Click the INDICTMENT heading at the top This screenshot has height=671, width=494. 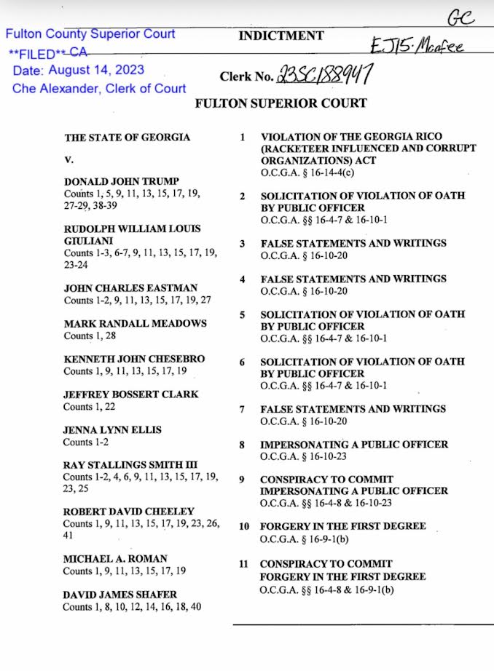[281, 36]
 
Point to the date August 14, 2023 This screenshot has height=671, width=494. [79, 71]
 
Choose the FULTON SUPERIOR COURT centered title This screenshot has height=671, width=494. [281, 103]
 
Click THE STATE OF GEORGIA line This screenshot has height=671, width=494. [128, 137]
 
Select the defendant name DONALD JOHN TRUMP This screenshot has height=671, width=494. [122, 180]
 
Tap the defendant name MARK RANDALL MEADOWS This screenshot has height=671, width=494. [135, 323]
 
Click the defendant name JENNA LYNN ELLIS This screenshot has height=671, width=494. [112, 429]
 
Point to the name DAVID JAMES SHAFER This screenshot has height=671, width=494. [119, 594]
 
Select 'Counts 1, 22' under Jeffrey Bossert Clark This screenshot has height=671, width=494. [90, 407]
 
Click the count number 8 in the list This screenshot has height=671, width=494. [242, 445]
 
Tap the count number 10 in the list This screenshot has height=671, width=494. [244, 527]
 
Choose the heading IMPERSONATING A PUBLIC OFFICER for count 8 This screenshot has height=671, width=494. [354, 444]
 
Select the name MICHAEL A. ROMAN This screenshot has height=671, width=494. [116, 558]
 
